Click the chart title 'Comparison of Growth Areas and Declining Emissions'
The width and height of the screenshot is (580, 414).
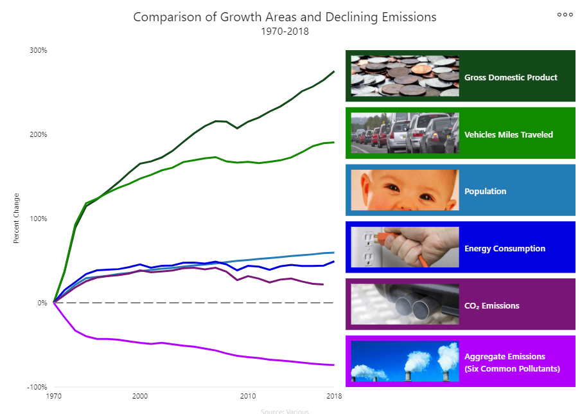coord(285,17)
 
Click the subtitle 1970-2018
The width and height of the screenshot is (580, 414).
coord(285,32)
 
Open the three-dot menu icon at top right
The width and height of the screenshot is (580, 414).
coord(565,14)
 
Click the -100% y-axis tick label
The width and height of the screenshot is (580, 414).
coord(37,387)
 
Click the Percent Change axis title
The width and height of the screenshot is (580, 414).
coord(17,219)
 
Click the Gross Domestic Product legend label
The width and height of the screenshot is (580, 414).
coord(511,77)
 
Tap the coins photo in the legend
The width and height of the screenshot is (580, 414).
coord(405,76)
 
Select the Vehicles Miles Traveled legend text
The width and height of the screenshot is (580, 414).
coord(508,134)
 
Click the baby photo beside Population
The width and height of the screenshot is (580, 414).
coord(405,190)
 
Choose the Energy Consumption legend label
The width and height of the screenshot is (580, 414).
coord(505,248)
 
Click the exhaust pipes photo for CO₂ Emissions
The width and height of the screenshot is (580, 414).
coord(405,304)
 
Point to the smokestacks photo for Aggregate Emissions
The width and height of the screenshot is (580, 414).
coord(405,361)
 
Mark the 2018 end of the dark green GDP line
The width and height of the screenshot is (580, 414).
coord(334,71)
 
